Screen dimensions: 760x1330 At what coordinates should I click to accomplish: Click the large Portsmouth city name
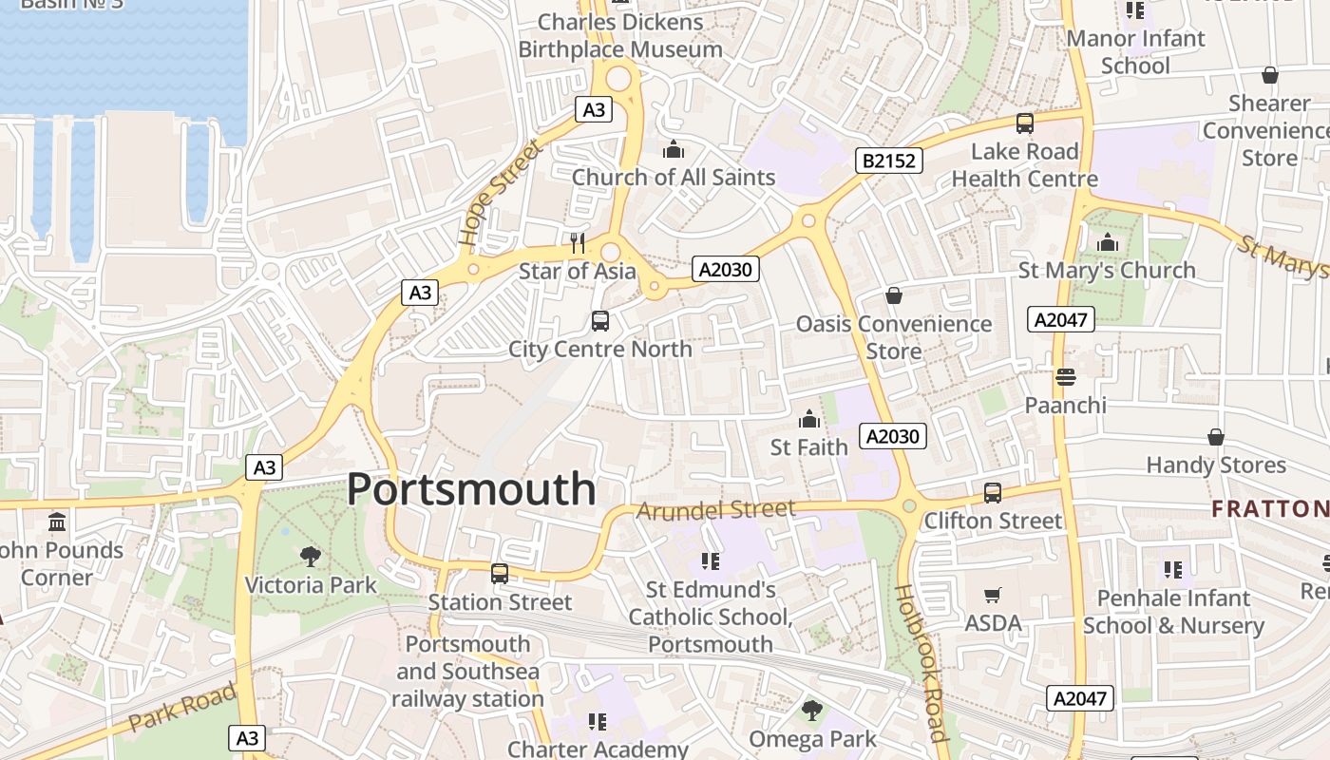pyautogui.click(x=471, y=489)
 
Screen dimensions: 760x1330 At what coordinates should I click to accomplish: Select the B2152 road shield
pyautogui.click(x=889, y=161)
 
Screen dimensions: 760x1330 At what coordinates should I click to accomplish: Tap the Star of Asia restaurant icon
pyautogui.click(x=578, y=243)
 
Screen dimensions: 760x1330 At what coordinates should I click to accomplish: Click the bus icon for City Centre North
pyautogui.click(x=600, y=321)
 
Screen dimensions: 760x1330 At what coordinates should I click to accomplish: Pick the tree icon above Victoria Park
pyautogui.click(x=311, y=557)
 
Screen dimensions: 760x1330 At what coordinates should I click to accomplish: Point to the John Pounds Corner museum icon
pyautogui.click(x=57, y=522)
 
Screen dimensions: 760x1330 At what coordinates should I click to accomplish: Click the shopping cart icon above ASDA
pyautogui.click(x=993, y=596)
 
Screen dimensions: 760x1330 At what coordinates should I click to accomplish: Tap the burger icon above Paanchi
pyautogui.click(x=1065, y=377)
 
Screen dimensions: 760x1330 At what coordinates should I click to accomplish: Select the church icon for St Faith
pyautogui.click(x=808, y=419)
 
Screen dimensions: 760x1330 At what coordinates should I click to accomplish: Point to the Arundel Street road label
pyautogui.click(x=714, y=510)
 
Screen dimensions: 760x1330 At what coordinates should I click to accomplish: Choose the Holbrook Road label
pyautogui.click(x=921, y=662)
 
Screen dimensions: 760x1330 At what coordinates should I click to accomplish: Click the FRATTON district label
pyautogui.click(x=1269, y=508)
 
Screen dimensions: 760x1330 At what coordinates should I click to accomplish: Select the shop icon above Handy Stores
pyautogui.click(x=1215, y=437)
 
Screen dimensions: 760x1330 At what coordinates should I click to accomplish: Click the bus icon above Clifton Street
pyautogui.click(x=993, y=493)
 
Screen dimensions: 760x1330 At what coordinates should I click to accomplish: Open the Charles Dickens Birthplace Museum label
pyautogui.click(x=620, y=35)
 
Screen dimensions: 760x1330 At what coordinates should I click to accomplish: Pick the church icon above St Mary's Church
pyautogui.click(x=1107, y=243)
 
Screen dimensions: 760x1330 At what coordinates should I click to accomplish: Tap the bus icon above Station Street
pyautogui.click(x=500, y=574)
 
